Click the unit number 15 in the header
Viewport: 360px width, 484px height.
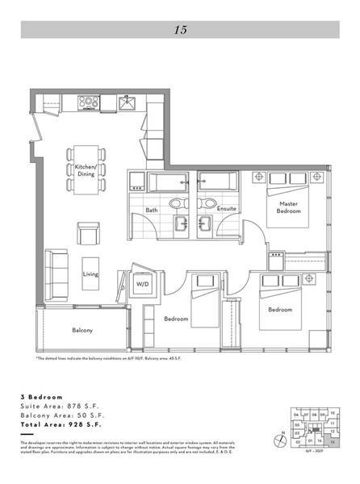click(x=180, y=30)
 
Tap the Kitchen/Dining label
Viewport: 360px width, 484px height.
click(x=86, y=171)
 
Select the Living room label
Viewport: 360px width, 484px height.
click(x=90, y=274)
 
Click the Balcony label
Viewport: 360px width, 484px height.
click(x=82, y=330)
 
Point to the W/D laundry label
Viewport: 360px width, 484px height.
click(x=142, y=285)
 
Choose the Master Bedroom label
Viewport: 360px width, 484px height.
click(x=289, y=207)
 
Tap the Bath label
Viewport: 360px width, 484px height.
click(x=152, y=211)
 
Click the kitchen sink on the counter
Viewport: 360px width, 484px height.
click(x=128, y=102)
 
